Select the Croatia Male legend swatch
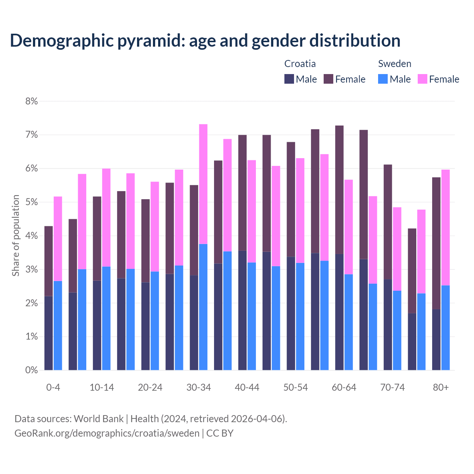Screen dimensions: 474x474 click(x=289, y=79)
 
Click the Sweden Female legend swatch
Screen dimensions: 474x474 click(x=423, y=79)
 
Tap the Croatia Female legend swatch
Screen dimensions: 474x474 click(x=328, y=79)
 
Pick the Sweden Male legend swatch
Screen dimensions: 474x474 click(x=383, y=79)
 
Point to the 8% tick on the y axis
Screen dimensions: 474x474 click(x=31, y=101)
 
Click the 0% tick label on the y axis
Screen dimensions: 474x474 click(x=31, y=370)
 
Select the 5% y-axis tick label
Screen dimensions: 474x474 click(x=31, y=202)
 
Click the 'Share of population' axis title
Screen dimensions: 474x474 click(x=16, y=236)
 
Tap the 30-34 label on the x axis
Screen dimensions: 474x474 click(x=198, y=387)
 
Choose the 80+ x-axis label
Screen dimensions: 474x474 click(x=441, y=387)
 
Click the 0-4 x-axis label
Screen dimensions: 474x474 click(x=53, y=387)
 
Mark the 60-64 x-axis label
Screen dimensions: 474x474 click(x=344, y=387)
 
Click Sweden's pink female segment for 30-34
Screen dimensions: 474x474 click(x=203, y=184)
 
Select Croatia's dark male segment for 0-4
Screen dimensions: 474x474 click(x=49, y=333)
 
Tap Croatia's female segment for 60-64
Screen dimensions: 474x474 click(x=339, y=190)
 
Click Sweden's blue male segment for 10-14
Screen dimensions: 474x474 click(x=106, y=318)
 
